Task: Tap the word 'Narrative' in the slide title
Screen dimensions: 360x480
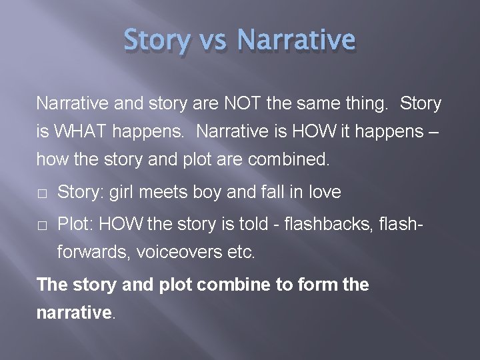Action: [296, 39]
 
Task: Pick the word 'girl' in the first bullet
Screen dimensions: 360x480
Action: [121, 193]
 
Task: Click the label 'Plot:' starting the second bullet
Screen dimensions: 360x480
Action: [76, 225]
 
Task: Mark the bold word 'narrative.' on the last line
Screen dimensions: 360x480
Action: [76, 312]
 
